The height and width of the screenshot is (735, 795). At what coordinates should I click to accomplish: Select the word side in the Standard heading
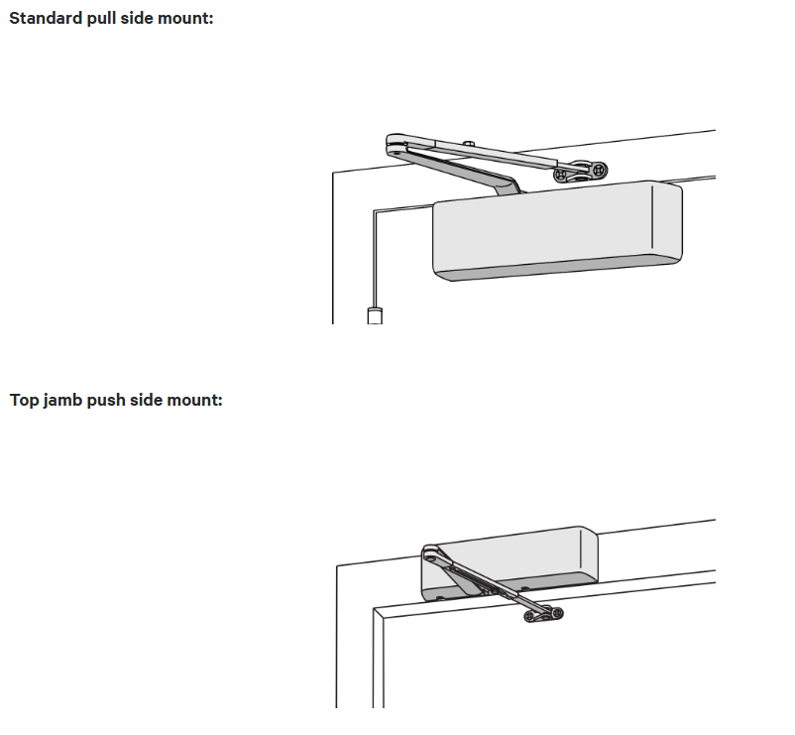click(x=137, y=19)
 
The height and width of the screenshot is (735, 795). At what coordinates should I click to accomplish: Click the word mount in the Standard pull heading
click(x=185, y=19)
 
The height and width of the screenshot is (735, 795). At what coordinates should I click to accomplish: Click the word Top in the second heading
click(x=23, y=400)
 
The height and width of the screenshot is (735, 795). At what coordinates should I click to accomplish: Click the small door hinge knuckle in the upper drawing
click(x=375, y=316)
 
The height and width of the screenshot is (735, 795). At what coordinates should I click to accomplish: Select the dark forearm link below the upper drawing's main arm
click(x=466, y=171)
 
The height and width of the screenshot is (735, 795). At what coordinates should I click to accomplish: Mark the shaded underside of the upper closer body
click(x=555, y=270)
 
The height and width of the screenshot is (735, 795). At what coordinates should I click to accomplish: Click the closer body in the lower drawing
click(x=525, y=551)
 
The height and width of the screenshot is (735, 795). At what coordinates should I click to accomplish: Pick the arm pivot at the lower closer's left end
click(x=432, y=553)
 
